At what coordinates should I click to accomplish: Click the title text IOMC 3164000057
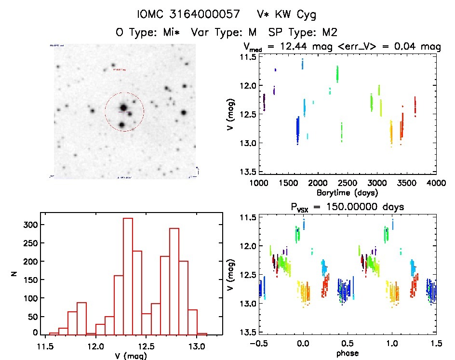pyautogui.click(x=188, y=14)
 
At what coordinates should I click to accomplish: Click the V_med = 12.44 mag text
pyautogui.click(x=285, y=47)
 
